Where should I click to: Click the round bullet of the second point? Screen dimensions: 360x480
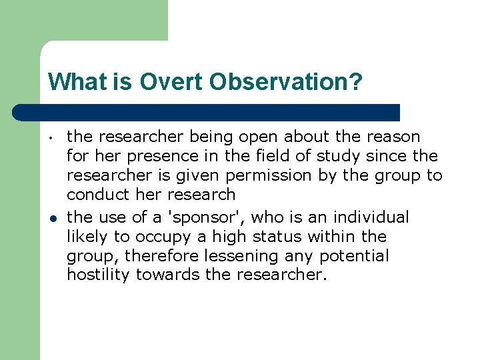[x=51, y=218]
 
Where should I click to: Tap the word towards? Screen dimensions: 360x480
[x=167, y=275]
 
